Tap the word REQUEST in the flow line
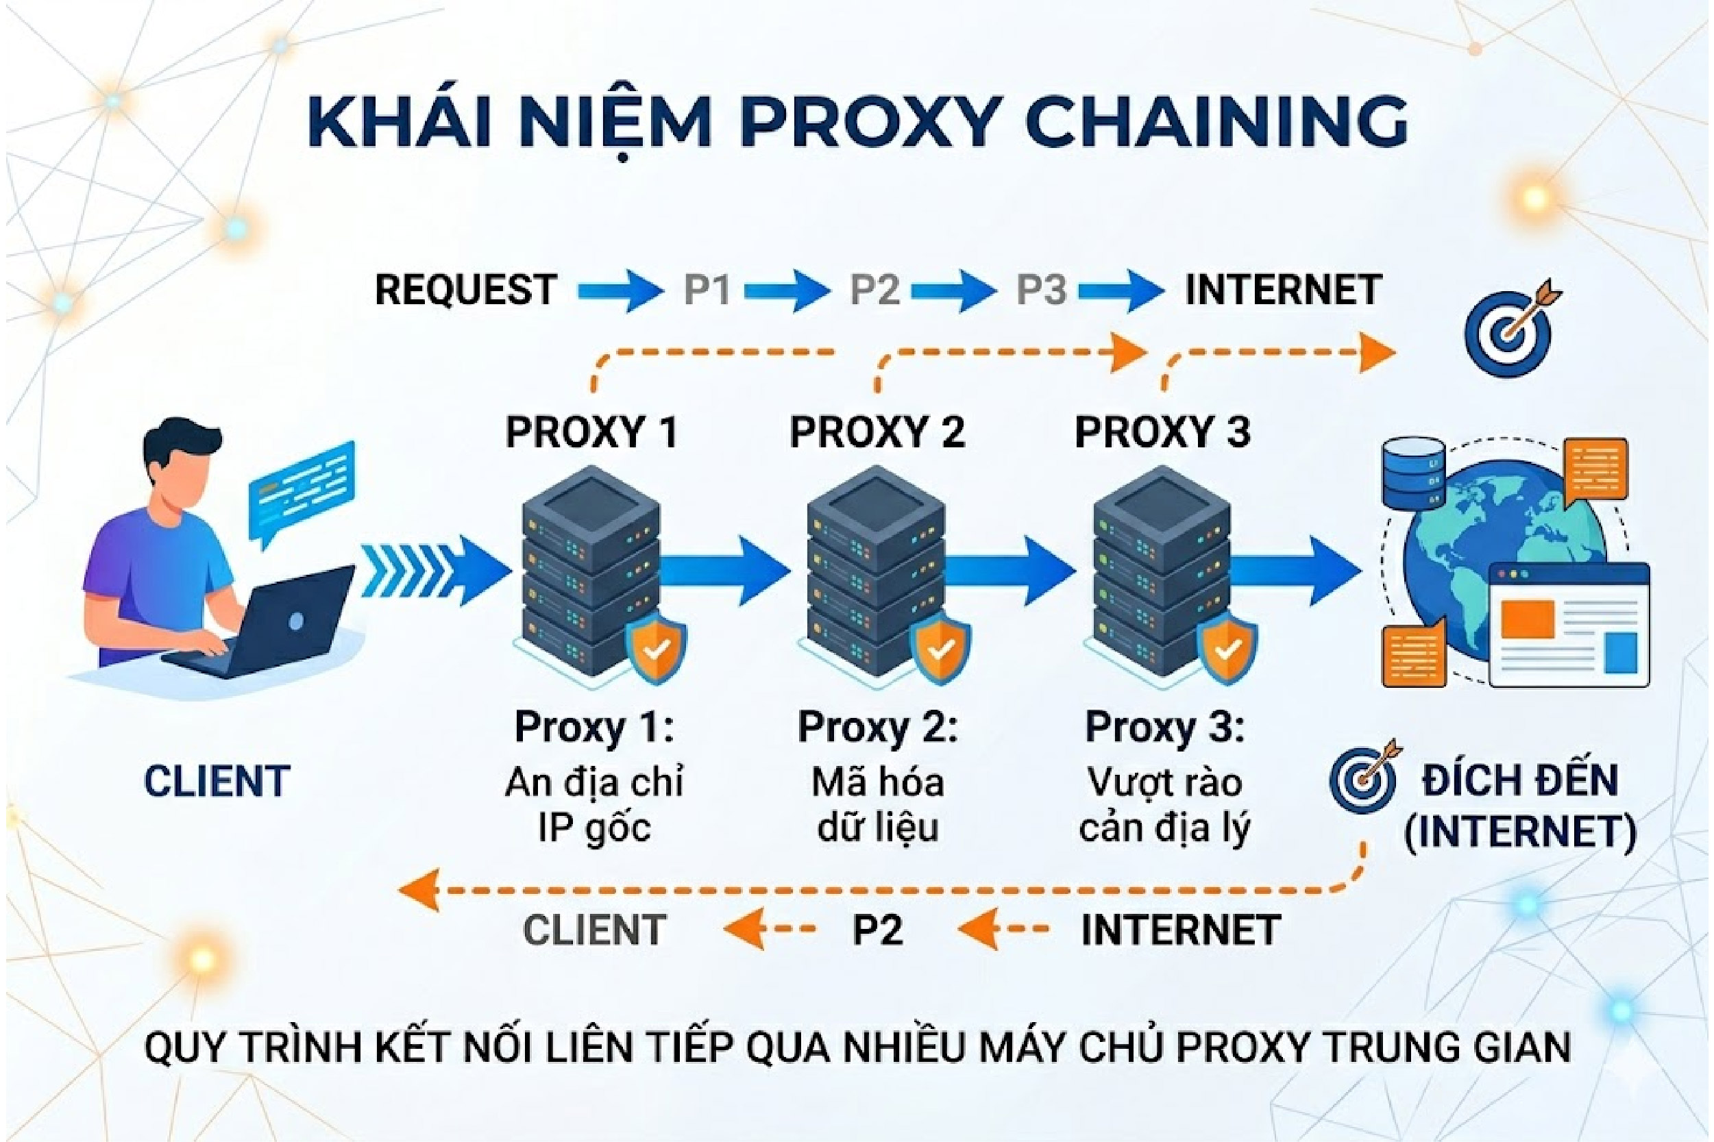coord(465,290)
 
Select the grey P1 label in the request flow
coord(707,290)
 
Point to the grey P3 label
coord(1041,290)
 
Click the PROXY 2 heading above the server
coord(877,432)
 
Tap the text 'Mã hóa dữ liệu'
coord(877,806)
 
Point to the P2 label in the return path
coord(877,930)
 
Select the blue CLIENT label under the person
coord(217,782)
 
